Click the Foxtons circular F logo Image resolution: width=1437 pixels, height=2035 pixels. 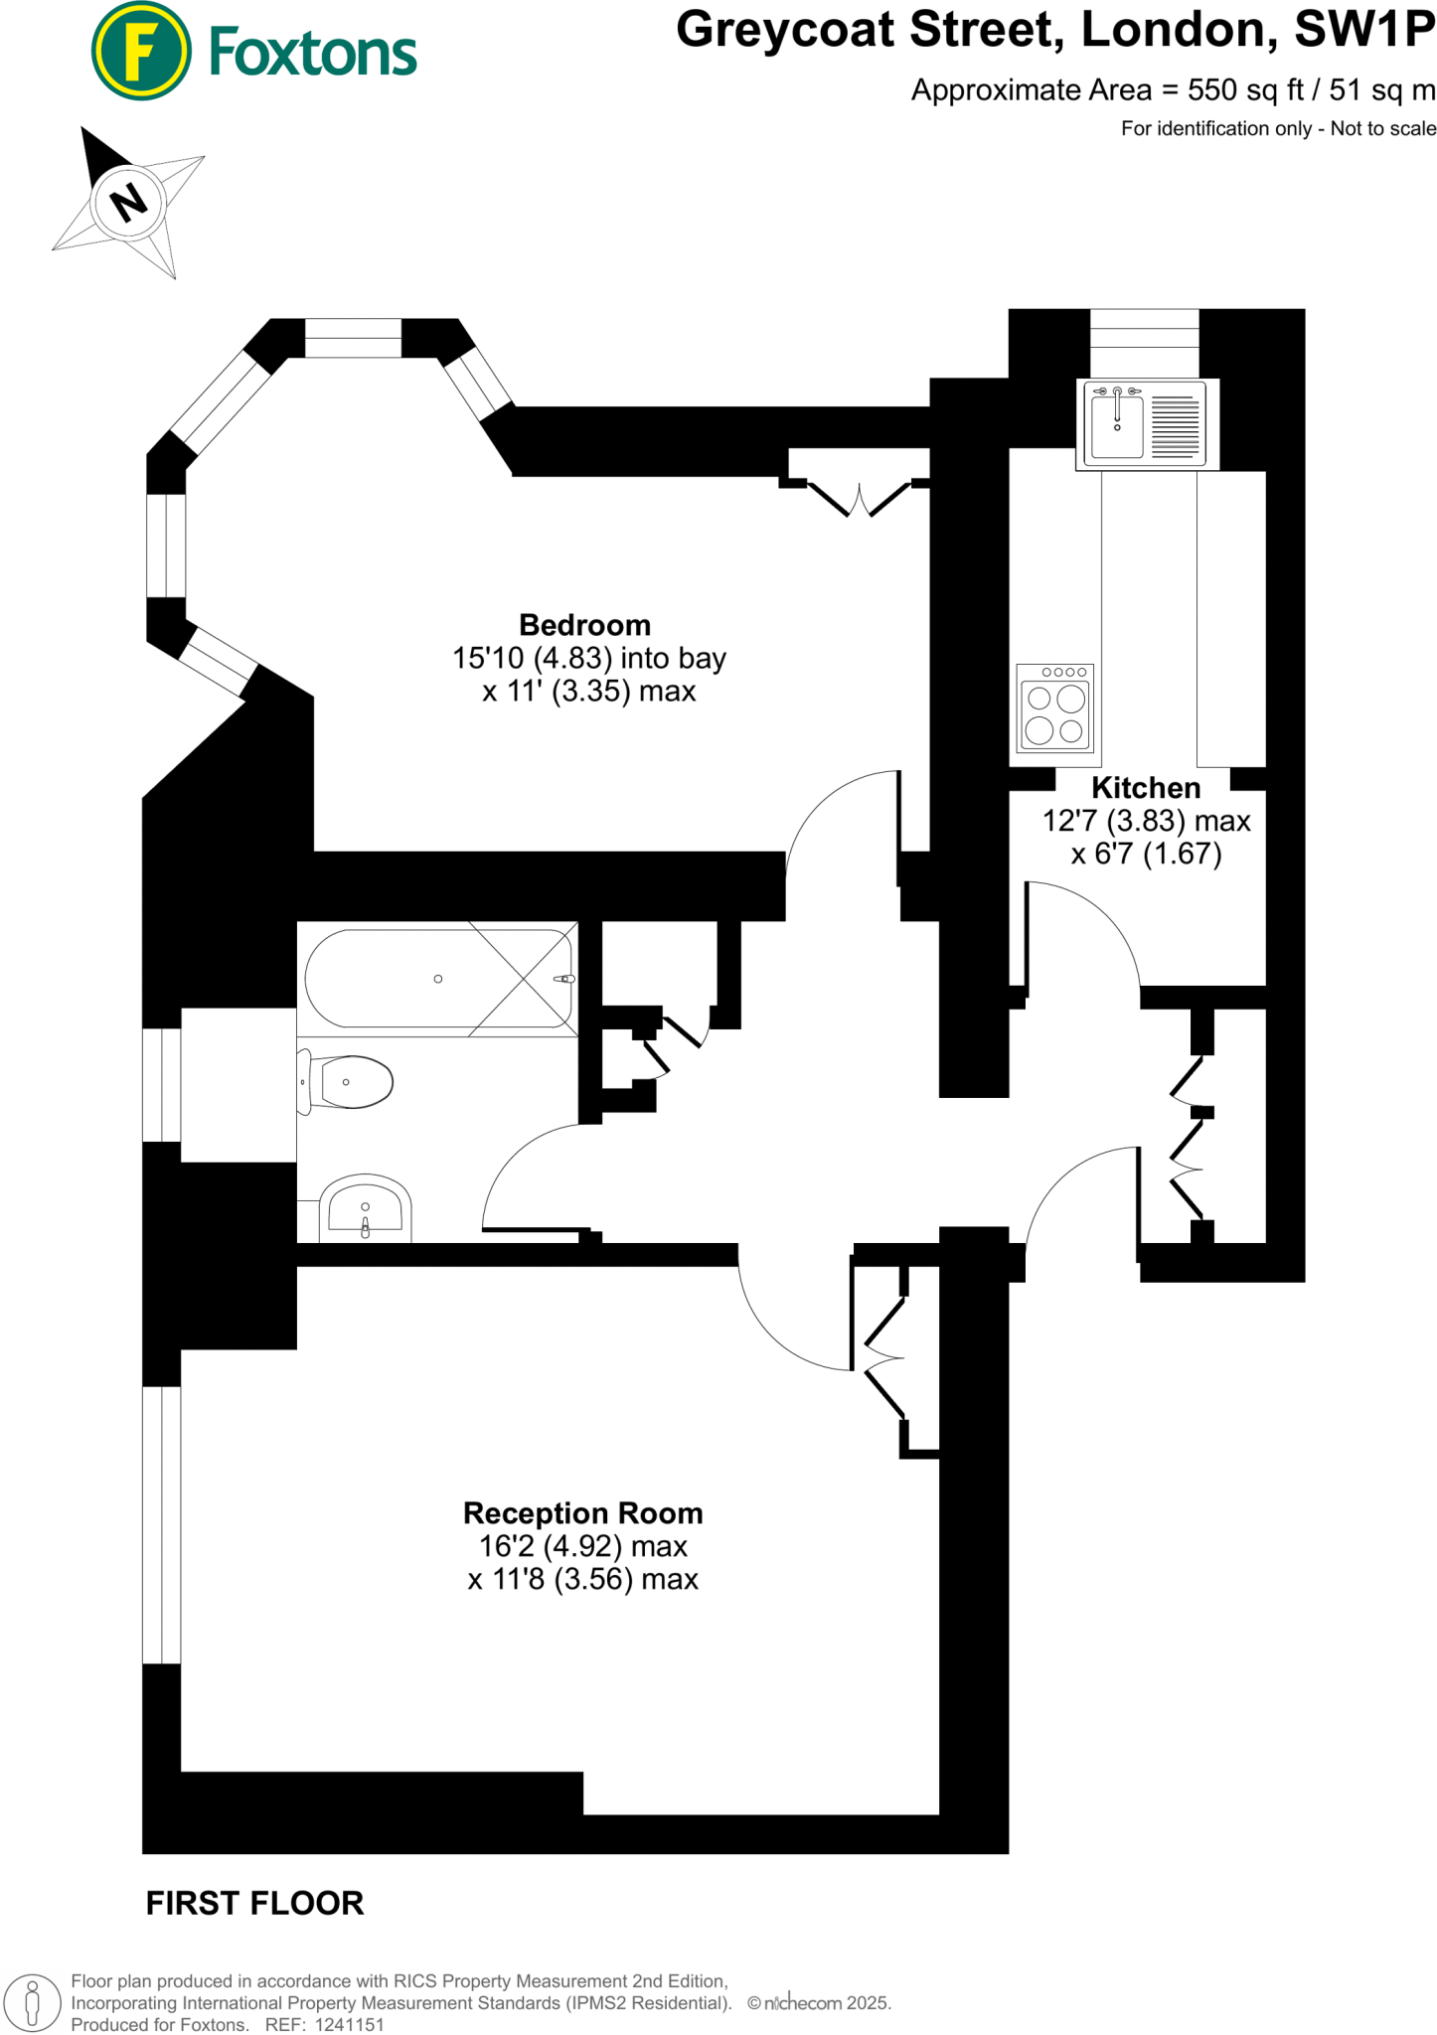click(141, 51)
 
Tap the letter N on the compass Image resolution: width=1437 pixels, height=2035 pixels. click(129, 203)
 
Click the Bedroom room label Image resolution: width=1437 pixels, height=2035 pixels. click(584, 625)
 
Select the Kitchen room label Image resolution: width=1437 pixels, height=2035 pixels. click(1146, 788)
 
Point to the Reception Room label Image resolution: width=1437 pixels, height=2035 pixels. click(582, 1513)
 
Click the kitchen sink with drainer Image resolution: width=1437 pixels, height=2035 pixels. click(1146, 424)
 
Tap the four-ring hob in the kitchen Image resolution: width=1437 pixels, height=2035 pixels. click(1055, 709)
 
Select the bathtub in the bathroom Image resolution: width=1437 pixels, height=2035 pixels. click(437, 979)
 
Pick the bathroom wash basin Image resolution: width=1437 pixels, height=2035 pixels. click(365, 1210)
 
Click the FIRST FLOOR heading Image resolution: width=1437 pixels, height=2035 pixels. click(254, 1903)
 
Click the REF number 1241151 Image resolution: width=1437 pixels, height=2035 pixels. click(349, 2024)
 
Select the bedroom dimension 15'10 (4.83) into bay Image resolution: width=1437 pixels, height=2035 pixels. click(588, 658)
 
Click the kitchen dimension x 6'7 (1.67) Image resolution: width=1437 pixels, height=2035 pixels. click(1146, 854)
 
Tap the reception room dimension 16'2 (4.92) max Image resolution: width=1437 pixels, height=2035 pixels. click(582, 1546)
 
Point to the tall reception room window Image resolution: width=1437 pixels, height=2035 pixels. click(162, 1524)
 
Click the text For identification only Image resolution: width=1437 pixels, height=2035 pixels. click(1215, 128)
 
